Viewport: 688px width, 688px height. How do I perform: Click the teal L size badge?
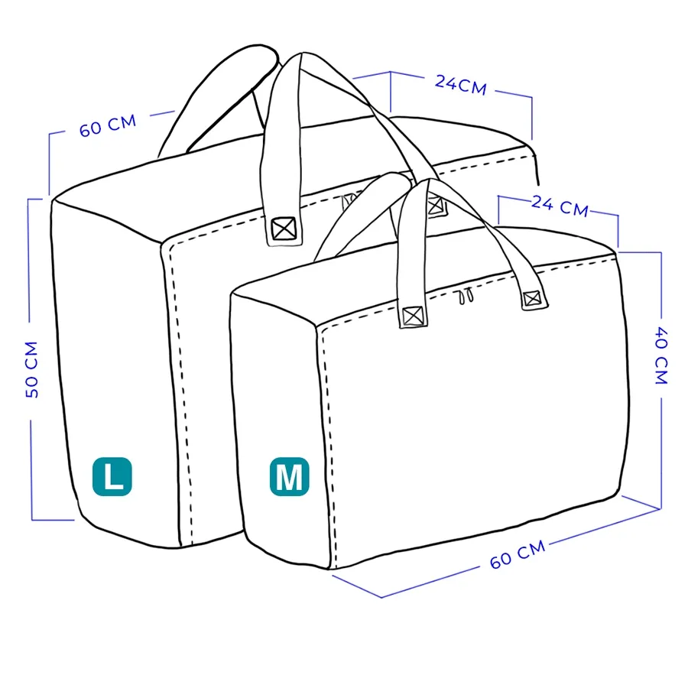(112, 475)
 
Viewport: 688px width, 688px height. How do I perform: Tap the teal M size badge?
(289, 476)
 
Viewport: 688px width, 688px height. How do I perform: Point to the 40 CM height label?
(660, 355)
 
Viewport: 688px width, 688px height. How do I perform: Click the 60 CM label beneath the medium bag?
(518, 553)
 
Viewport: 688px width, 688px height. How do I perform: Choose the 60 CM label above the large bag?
(108, 125)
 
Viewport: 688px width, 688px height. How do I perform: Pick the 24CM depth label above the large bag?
(461, 84)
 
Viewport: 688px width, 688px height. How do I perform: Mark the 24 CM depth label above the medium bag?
(560, 205)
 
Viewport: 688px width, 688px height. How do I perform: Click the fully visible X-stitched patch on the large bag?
(284, 229)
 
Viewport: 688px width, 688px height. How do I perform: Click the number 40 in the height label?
(660, 337)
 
